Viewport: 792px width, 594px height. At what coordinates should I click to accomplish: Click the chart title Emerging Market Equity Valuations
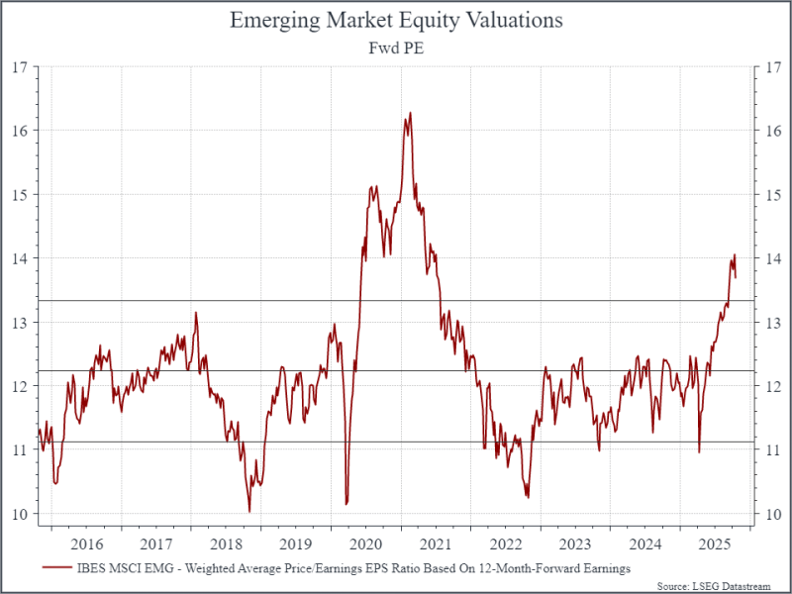coord(396,20)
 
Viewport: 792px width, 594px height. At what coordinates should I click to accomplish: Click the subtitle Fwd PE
coord(396,47)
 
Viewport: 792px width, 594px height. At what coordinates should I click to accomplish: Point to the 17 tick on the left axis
coord(19,67)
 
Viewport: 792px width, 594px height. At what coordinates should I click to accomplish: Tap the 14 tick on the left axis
coord(19,258)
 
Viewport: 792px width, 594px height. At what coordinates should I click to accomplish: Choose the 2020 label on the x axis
coord(366,544)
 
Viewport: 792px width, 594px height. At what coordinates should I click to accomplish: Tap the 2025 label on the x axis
coord(716,544)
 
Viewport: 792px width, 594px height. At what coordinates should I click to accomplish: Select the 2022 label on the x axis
coord(506,544)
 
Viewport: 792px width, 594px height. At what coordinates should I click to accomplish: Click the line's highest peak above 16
coord(410,113)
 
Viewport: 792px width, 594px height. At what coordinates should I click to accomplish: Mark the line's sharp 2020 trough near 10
coord(346,504)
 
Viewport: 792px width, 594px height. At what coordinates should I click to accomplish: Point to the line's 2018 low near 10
coord(249,511)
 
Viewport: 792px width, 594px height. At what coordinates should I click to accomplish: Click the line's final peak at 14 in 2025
coord(734,255)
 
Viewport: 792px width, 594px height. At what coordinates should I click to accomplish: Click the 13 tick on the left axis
coord(19,323)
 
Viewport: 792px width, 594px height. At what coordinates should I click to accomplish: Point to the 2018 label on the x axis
coord(226,544)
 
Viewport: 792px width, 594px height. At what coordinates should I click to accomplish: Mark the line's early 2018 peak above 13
coord(196,313)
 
